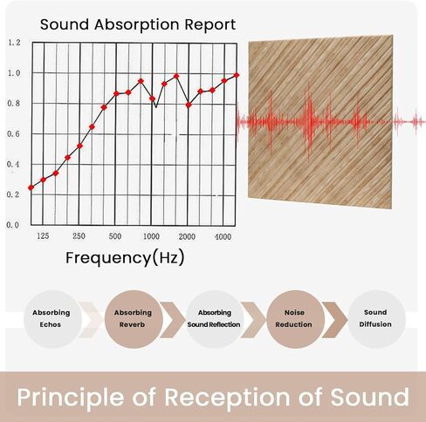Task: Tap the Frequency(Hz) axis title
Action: (x=125, y=258)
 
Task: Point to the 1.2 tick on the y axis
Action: (x=12, y=43)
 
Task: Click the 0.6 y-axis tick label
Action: (x=12, y=133)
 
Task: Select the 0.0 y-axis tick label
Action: (x=12, y=225)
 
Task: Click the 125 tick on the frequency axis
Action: (x=43, y=237)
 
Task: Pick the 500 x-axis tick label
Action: (x=115, y=237)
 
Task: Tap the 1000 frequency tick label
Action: (x=151, y=237)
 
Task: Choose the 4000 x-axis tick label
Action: (x=223, y=237)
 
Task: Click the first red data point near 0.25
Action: (x=31, y=187)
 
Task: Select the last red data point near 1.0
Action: (x=236, y=75)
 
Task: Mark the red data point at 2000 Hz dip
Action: (x=188, y=105)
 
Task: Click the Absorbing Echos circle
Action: (x=52, y=318)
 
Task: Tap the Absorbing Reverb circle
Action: (x=133, y=318)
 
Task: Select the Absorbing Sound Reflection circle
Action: (x=214, y=318)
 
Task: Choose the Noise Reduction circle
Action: (x=293, y=318)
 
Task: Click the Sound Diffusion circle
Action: (x=376, y=318)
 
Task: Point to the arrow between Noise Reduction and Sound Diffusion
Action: (x=334, y=318)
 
